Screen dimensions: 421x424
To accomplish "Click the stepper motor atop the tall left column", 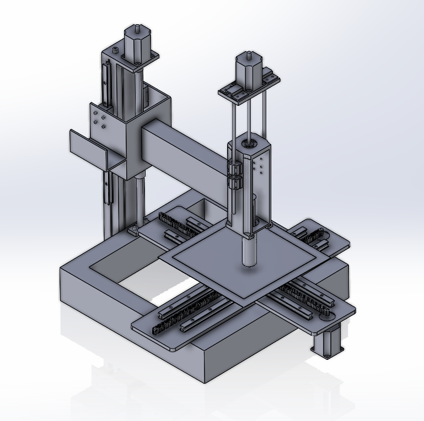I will click(134, 42).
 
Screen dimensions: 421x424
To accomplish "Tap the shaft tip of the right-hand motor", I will click(247, 54).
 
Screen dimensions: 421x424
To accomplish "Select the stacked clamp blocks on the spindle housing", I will click(235, 175).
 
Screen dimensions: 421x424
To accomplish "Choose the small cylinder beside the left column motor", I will click(115, 51).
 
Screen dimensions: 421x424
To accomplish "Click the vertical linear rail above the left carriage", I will click(106, 83).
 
